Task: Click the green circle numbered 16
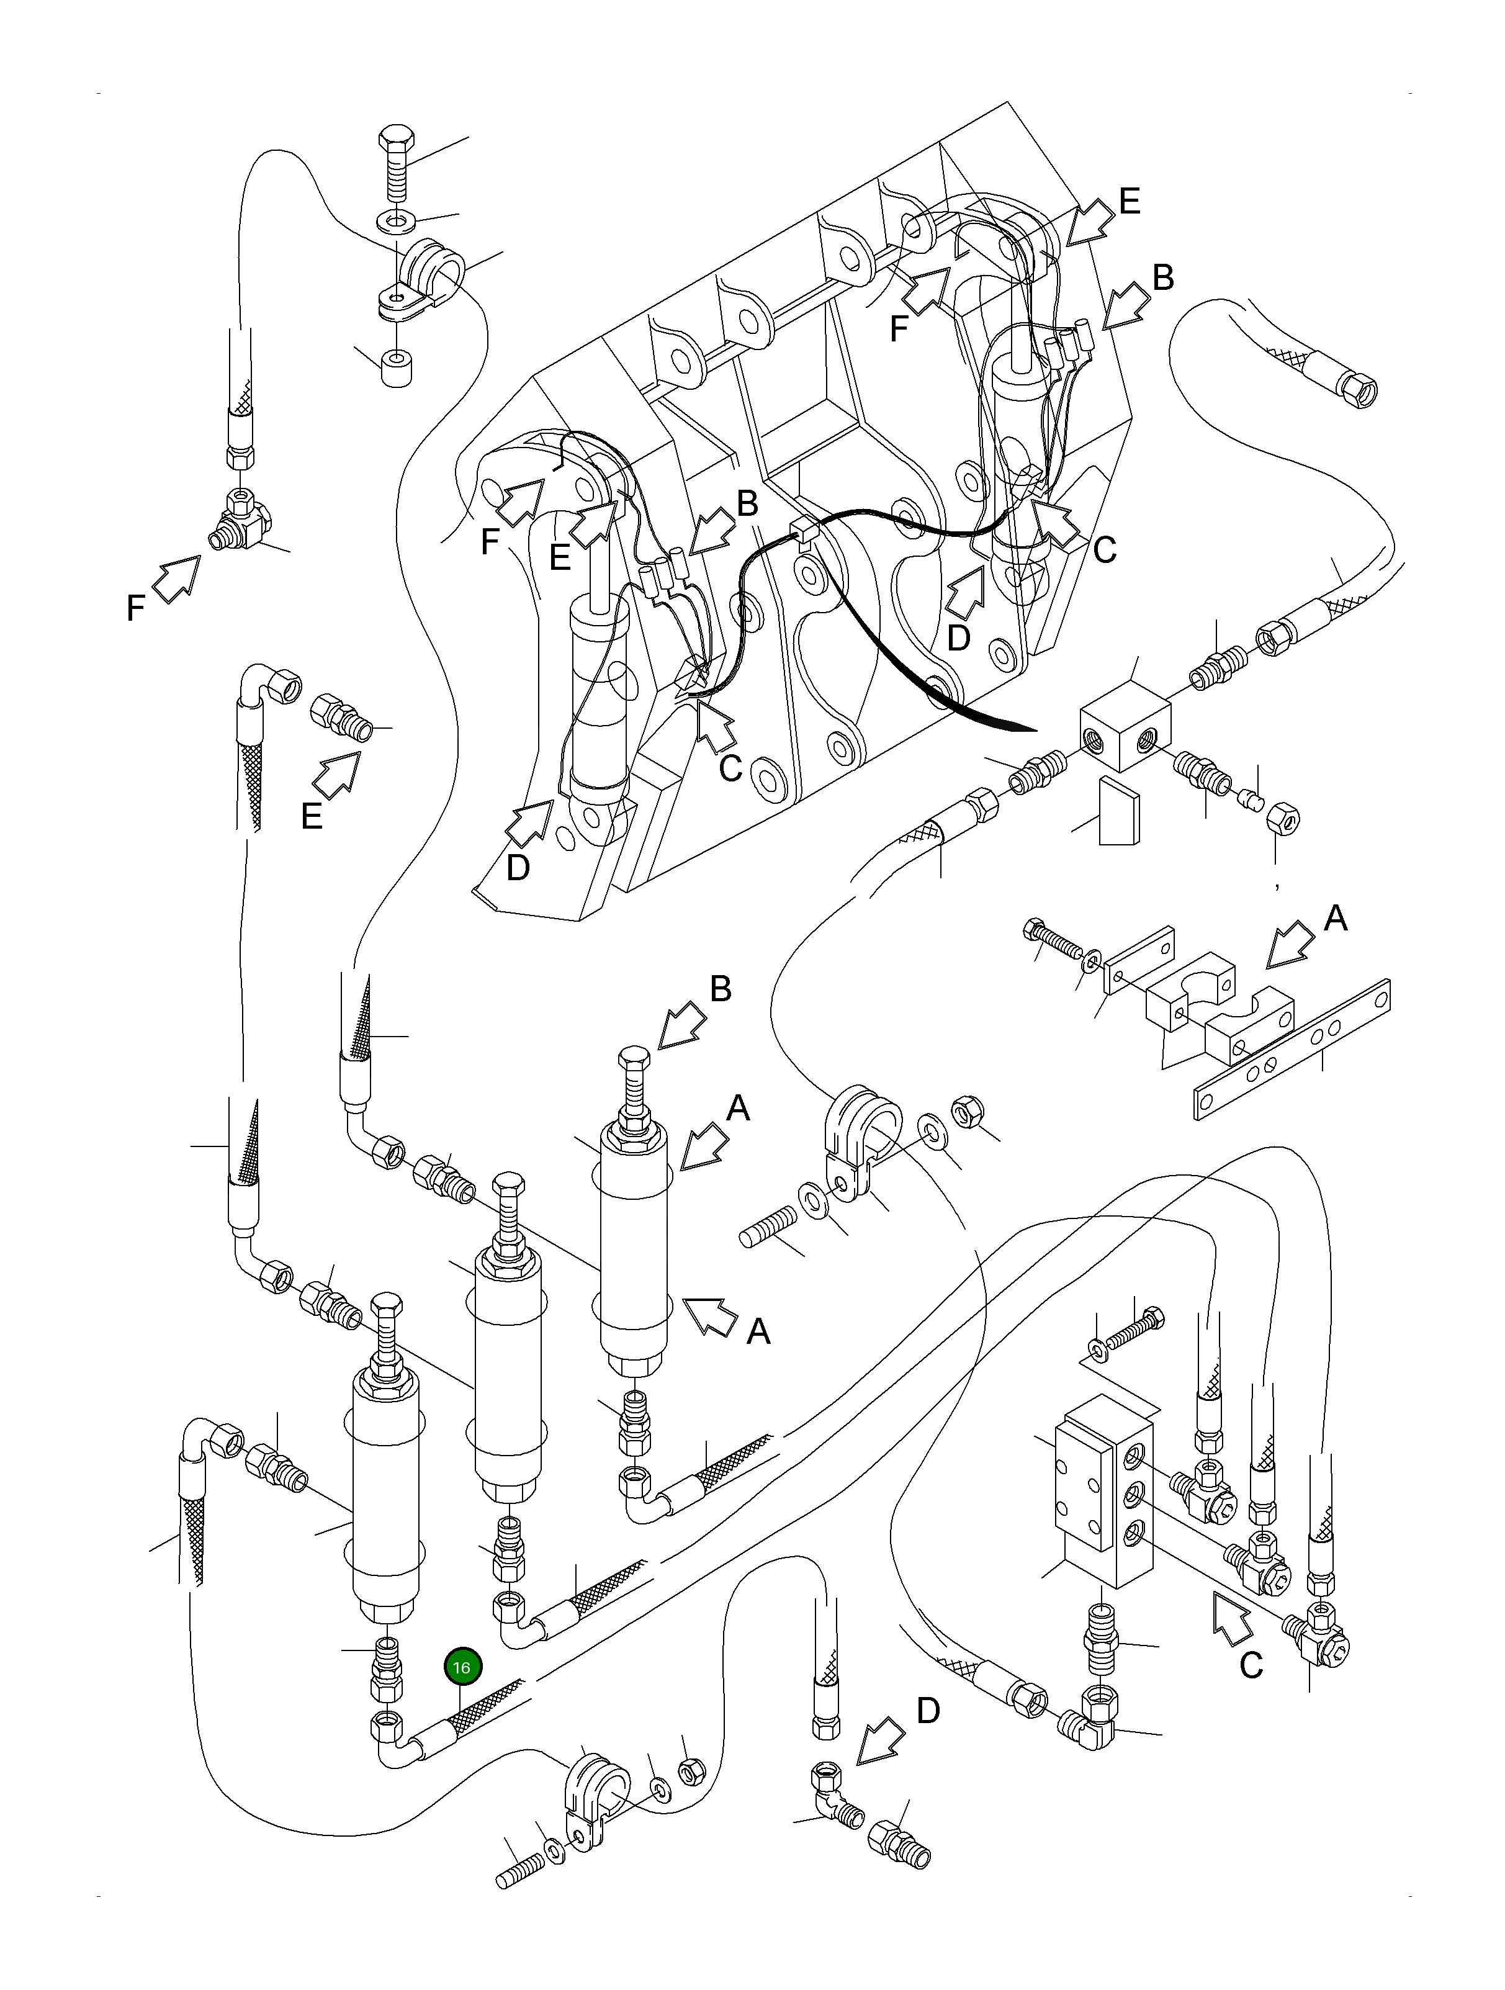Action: [462, 1667]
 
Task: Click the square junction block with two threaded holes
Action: [1125, 724]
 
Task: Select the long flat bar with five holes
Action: [1292, 1048]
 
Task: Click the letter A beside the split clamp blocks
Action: [1336, 919]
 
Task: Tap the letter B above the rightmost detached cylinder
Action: [721, 989]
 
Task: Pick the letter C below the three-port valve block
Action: [1251, 1665]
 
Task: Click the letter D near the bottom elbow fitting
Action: [928, 1710]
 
